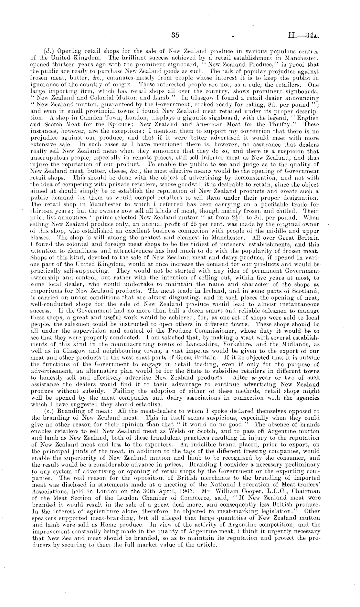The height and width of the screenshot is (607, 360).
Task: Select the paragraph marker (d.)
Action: [48, 51]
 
